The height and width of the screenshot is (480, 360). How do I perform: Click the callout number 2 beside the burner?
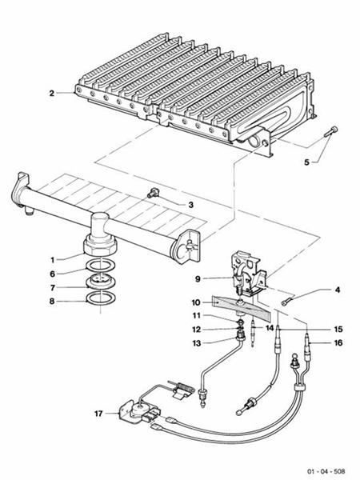[x=51, y=94]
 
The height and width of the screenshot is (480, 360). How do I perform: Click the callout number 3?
[x=190, y=205]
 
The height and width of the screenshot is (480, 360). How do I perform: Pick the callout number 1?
[x=52, y=259]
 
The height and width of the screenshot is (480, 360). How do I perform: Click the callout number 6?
[x=52, y=273]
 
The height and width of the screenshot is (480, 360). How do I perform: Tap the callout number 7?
[x=52, y=287]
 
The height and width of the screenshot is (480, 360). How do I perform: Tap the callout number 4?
[x=315, y=290]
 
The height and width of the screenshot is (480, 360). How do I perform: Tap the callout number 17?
[x=98, y=414]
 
